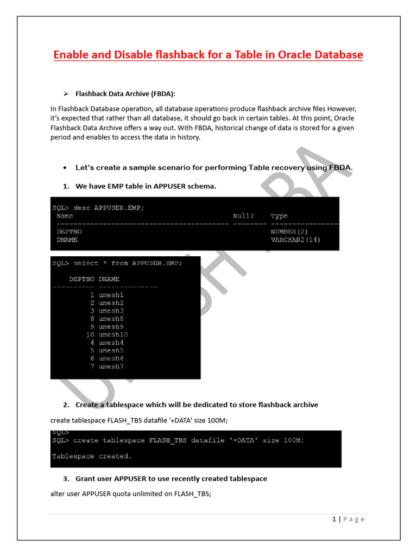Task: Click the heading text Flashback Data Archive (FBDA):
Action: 125,93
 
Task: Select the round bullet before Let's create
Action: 65,168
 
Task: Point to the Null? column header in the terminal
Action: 243,216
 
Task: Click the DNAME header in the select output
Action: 109,279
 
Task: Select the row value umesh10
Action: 113,334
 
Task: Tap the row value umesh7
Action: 111,367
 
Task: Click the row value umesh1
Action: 111,295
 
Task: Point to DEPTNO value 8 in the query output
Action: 92,319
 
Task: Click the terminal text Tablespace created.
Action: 92,456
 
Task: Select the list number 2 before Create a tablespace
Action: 66,405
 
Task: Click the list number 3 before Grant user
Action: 66,478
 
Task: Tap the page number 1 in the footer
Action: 334,519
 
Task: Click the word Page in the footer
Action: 353,519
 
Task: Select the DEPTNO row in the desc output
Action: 69,231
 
